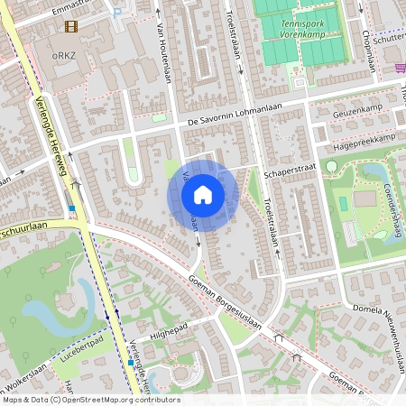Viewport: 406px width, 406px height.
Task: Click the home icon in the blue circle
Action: tap(203, 195)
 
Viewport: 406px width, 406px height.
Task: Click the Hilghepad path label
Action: tap(167, 332)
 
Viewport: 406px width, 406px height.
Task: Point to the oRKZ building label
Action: tap(62, 55)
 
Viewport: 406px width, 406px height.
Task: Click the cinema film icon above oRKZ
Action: tap(71, 26)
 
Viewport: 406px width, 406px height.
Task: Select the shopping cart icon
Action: tap(399, 67)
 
